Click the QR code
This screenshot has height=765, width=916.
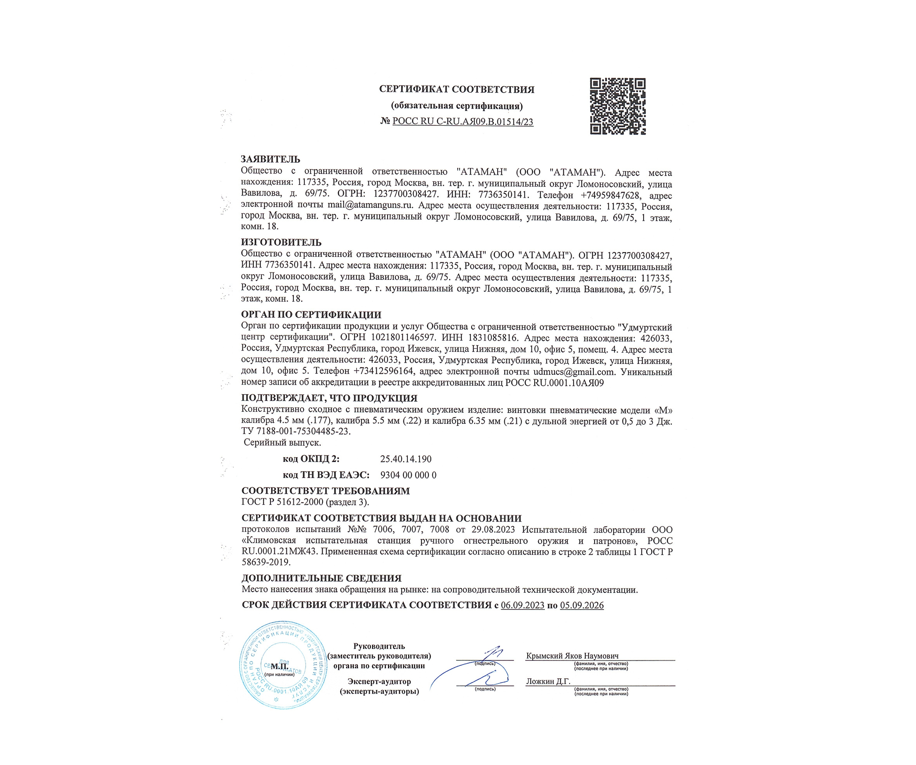tap(618, 106)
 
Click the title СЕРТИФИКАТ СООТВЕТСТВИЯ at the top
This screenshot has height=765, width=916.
tap(457, 89)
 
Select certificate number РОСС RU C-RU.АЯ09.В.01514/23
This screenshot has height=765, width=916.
tap(463, 122)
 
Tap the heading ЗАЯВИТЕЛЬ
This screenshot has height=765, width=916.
tap(270, 159)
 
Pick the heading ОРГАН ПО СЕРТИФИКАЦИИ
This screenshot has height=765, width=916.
tap(311, 315)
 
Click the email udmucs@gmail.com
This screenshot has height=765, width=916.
tap(574, 372)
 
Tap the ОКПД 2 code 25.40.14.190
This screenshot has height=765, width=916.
tap(406, 459)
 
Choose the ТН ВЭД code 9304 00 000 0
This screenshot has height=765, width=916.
tap(408, 475)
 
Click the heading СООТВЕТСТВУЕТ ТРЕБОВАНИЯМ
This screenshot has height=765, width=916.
tap(326, 491)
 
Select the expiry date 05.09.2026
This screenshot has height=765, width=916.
tap(582, 605)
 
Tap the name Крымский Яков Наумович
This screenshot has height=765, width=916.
tap(572, 656)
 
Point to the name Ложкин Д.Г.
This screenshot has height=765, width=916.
tap(548, 682)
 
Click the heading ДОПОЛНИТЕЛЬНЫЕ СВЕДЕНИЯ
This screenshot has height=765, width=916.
tap(321, 579)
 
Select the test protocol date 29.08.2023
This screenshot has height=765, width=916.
tap(493, 530)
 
